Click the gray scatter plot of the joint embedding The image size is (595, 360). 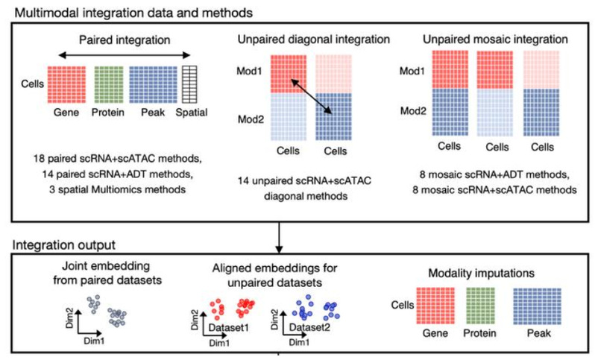point(107,309)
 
